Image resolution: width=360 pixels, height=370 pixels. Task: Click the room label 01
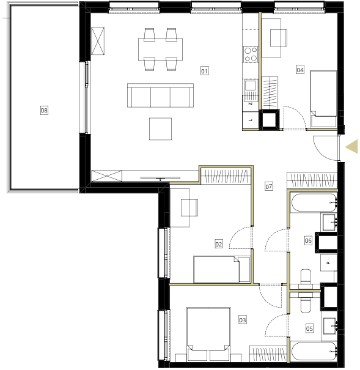[204, 71]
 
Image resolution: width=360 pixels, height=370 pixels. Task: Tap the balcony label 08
[44, 110]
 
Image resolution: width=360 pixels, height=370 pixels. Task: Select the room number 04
[300, 70]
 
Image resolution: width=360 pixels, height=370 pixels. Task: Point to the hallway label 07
[269, 187]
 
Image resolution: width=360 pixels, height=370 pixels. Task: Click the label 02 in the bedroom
[219, 244]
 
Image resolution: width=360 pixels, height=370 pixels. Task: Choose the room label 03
[243, 320]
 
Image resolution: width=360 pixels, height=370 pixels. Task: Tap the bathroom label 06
[308, 241]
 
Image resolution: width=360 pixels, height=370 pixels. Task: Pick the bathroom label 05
[309, 328]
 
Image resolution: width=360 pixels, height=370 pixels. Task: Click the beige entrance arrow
[351, 147]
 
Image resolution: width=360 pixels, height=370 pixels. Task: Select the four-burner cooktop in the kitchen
[251, 54]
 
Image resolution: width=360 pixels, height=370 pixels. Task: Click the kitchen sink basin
[250, 85]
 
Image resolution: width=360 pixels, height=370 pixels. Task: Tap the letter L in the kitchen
[251, 120]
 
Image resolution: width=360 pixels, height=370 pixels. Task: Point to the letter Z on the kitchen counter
[251, 103]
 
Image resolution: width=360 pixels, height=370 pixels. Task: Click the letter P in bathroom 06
[328, 263]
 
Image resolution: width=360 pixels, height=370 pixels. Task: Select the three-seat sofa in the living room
[160, 95]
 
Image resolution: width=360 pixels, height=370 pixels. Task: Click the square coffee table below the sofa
[160, 129]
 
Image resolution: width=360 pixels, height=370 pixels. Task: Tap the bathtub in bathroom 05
[314, 352]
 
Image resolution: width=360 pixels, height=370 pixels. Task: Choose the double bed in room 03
[208, 334]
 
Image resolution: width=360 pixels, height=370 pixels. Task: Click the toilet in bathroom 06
[306, 279]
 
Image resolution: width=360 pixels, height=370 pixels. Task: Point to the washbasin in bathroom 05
[329, 326]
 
